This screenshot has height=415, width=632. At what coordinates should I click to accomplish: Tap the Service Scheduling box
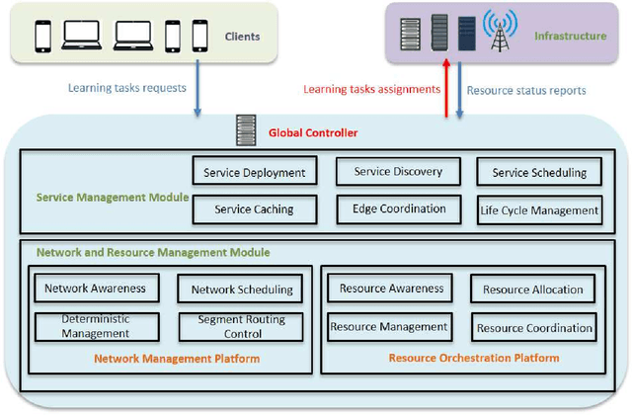click(539, 172)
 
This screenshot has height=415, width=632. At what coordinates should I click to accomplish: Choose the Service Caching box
click(254, 209)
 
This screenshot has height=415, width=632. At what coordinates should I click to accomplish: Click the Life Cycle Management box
click(539, 209)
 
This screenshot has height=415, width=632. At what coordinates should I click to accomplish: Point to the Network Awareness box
click(96, 289)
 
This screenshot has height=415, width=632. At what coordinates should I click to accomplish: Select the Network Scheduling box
click(242, 290)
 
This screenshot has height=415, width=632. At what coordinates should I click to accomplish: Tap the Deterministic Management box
click(96, 326)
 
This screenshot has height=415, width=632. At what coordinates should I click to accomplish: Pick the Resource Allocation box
click(533, 290)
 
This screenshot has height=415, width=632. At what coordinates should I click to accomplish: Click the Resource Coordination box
click(534, 327)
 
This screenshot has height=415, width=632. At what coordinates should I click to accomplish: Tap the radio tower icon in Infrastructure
click(499, 37)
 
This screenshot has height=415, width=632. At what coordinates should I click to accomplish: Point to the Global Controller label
click(313, 131)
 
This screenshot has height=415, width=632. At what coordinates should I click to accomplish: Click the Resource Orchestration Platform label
click(474, 358)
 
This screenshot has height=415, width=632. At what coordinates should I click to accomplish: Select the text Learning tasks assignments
click(370, 89)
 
